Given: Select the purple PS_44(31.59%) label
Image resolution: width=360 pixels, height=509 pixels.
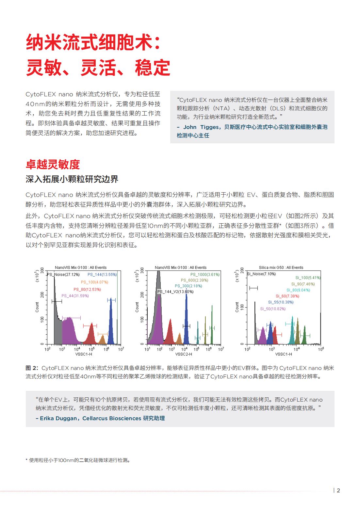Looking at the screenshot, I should pyautogui.click(x=75, y=296).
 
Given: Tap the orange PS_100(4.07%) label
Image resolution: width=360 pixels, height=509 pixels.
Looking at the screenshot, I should pyautogui.click(x=94, y=282).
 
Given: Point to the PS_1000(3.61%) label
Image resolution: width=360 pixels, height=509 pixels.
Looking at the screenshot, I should pyautogui.click(x=205, y=275).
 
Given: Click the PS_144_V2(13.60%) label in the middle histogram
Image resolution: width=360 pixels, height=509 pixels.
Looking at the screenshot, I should pyautogui.click(x=175, y=292).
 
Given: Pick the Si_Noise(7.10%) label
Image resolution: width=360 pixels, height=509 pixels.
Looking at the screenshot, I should pyautogui.click(x=261, y=274).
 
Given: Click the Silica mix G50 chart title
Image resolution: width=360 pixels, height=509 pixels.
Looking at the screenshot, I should pyautogui.click(x=281, y=267).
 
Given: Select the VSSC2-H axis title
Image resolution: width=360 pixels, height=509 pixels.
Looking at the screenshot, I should pyautogui.click(x=184, y=354).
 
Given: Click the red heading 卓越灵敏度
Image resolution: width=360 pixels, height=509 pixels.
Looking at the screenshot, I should pyautogui.click(x=53, y=165).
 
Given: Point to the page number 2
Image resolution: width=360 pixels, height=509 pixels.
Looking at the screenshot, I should pyautogui.click(x=338, y=490).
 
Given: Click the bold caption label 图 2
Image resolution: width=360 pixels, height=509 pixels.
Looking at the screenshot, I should pyautogui.click(x=32, y=368).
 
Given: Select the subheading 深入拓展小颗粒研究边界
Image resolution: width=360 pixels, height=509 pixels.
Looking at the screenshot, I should pyautogui.click(x=72, y=179).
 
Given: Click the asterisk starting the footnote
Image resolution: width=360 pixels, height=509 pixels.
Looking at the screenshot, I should pyautogui.click(x=27, y=460).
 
